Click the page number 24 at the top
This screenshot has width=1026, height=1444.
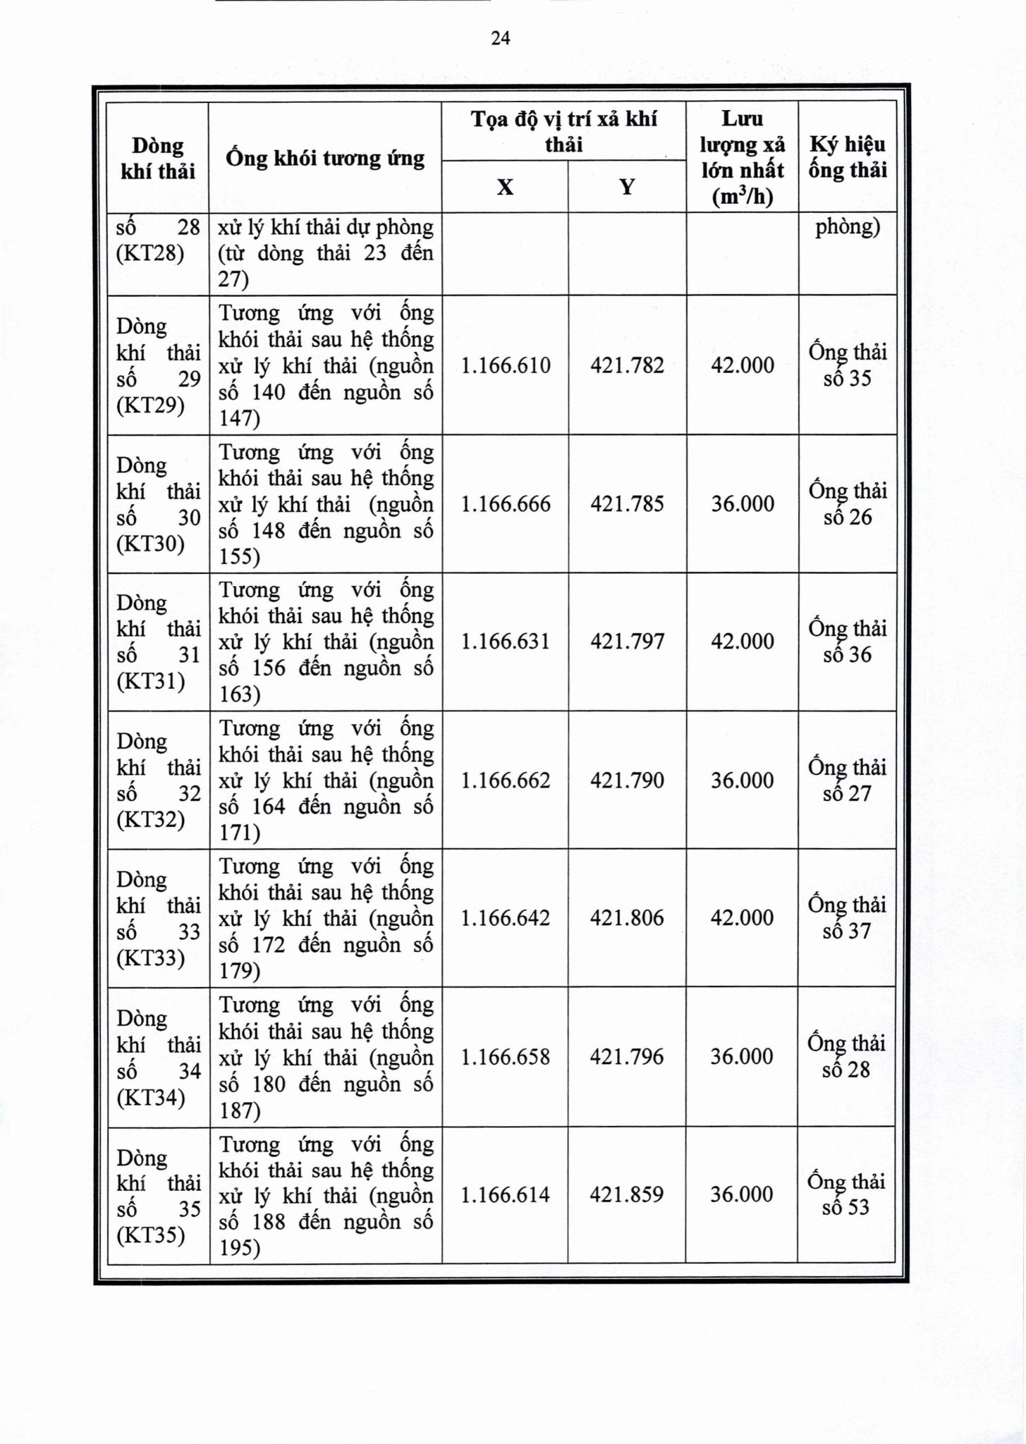click(500, 38)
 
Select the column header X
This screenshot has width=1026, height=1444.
click(505, 187)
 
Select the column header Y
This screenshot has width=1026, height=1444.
click(627, 187)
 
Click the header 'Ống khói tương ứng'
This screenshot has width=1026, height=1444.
click(325, 158)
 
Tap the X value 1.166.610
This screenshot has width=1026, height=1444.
click(505, 365)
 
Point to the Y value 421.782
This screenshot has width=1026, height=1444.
click(627, 365)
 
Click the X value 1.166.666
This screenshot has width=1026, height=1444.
click(505, 503)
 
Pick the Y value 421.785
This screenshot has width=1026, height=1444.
click(627, 503)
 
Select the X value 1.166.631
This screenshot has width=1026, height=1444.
click(505, 642)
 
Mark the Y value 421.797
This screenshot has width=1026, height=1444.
click(627, 642)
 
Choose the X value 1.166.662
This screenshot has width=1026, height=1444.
click(505, 781)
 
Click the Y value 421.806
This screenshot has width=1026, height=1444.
click(627, 918)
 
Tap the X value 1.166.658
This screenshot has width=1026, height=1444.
click(505, 1057)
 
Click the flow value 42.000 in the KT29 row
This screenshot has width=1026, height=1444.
click(742, 365)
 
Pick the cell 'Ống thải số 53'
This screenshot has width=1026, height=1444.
click(846, 1194)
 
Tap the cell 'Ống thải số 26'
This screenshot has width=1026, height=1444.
click(847, 503)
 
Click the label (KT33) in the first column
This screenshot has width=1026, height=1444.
click(151, 958)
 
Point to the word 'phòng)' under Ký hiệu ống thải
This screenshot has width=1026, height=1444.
click(848, 228)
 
